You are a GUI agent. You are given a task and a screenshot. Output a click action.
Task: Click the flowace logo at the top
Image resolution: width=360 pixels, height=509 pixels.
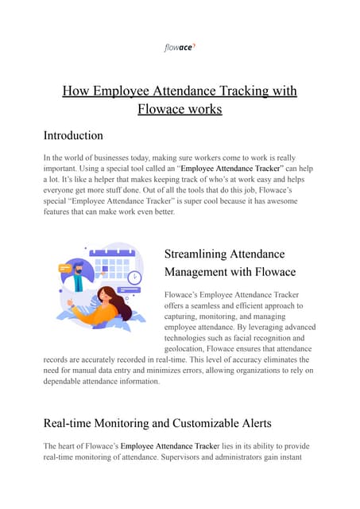coord(180,48)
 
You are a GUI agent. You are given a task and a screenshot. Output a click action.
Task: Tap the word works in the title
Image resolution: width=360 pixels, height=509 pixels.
coord(199,108)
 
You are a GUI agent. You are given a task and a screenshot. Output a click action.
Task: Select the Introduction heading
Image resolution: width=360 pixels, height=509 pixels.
coord(73,135)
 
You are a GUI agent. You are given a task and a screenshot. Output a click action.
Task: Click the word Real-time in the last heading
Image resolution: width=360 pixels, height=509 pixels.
coord(75,423)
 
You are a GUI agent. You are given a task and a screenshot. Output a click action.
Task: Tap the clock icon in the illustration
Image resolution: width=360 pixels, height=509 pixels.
coord(134,278)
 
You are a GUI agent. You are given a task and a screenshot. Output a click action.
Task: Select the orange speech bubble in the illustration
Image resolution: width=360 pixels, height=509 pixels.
coord(65,269)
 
